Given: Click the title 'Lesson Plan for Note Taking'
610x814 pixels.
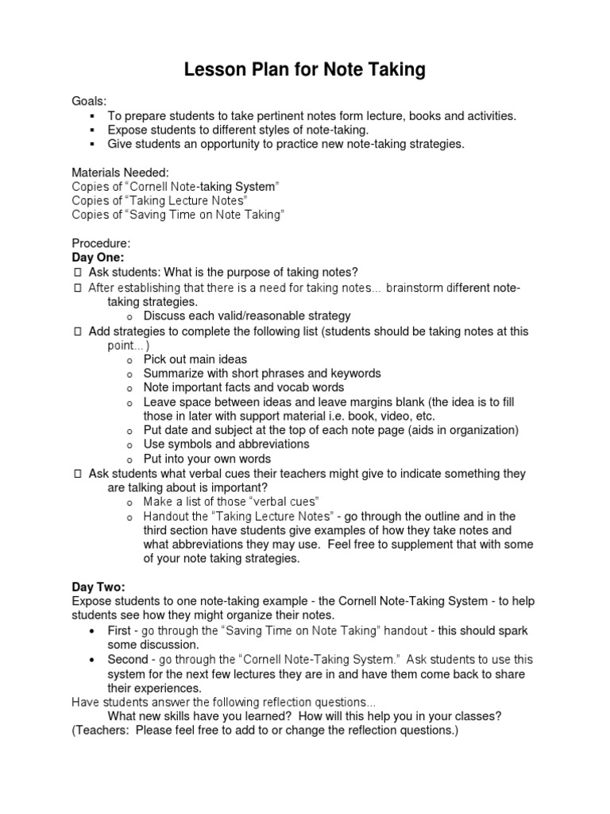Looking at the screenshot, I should (305, 71).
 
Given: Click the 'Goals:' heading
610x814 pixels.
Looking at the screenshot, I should (89, 101).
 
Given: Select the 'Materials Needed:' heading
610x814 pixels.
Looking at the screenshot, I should (120, 172).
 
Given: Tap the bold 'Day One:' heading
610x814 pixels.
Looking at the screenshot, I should (98, 258).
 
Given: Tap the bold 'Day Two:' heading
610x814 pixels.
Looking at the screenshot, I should (98, 587).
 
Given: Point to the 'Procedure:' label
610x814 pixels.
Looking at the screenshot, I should (101, 243).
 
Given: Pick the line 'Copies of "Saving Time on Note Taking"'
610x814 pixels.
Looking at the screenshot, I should (178, 215).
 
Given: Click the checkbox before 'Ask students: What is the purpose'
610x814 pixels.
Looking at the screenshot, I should (77, 273).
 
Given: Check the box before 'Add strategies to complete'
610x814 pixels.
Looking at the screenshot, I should (77, 331).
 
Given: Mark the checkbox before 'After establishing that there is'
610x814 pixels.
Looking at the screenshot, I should (77, 287).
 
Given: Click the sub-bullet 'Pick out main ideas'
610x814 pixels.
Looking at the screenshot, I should (195, 359).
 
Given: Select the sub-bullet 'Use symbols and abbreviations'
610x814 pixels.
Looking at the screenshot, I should (226, 444).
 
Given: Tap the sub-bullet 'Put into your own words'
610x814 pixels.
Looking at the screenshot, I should (207, 459).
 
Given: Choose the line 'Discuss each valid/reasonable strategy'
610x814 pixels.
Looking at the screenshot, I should (246, 316).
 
